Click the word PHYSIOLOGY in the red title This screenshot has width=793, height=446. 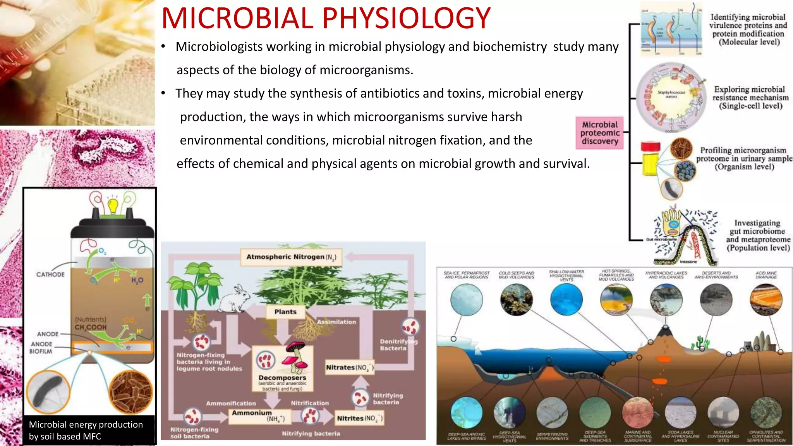[x=406, y=18]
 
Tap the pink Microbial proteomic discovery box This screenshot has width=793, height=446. [x=599, y=133]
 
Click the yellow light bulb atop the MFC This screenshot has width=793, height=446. [x=113, y=206]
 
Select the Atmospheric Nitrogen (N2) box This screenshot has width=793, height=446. [x=291, y=257]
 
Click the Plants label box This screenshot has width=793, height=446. [x=285, y=312]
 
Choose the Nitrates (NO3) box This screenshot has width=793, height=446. [x=349, y=367]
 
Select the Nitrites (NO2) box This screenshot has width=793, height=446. [x=359, y=419]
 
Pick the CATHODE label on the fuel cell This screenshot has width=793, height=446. [x=50, y=274]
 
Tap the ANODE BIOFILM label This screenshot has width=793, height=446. [x=41, y=348]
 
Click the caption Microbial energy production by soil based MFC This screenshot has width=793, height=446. [x=86, y=431]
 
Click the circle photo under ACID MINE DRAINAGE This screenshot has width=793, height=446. [x=766, y=300]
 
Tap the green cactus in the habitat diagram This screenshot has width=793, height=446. [x=700, y=342]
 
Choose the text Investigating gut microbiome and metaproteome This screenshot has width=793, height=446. [x=758, y=235]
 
